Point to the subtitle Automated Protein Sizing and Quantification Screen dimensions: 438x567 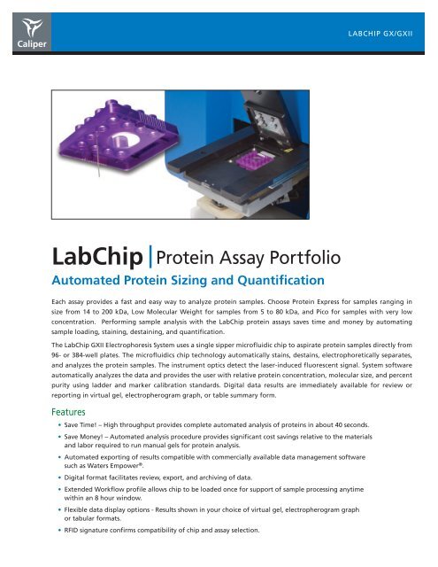pyautogui.click(x=167, y=280)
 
